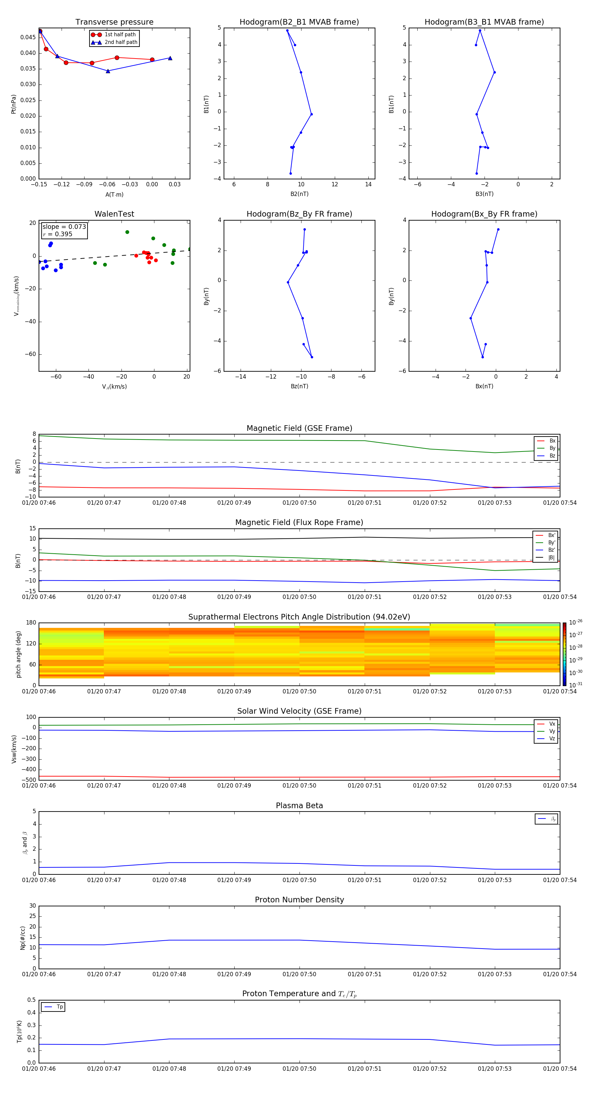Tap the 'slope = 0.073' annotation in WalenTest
(x=64, y=227)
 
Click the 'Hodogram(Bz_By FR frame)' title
(x=299, y=214)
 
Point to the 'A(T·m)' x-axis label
(x=114, y=195)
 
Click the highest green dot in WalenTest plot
(x=127, y=232)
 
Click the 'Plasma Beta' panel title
(x=299, y=806)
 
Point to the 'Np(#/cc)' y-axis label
(x=23, y=938)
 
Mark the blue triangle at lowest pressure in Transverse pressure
(x=108, y=71)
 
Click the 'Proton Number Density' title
(x=299, y=900)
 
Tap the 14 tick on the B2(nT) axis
(x=368, y=185)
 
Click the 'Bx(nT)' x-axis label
(x=484, y=386)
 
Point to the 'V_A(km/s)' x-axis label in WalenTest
(x=114, y=387)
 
